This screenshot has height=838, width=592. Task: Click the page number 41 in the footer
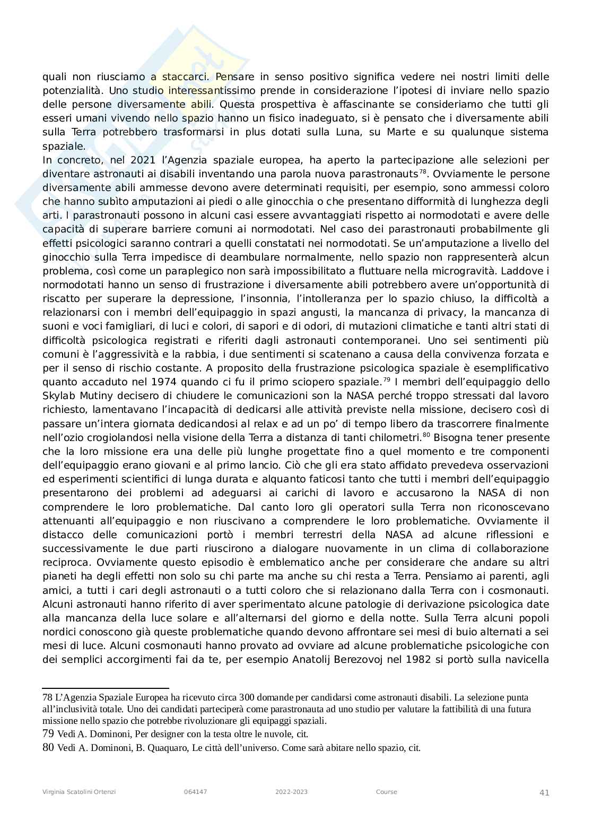(x=544, y=792)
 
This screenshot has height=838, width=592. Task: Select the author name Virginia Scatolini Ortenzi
(x=79, y=792)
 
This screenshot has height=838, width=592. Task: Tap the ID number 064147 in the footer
(x=195, y=792)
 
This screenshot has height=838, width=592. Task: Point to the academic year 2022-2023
(x=291, y=792)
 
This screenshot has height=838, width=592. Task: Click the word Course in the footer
(x=386, y=792)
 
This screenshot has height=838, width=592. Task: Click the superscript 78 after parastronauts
(x=423, y=171)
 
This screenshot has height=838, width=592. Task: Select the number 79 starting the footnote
(x=48, y=734)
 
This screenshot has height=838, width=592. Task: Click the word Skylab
(x=57, y=395)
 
